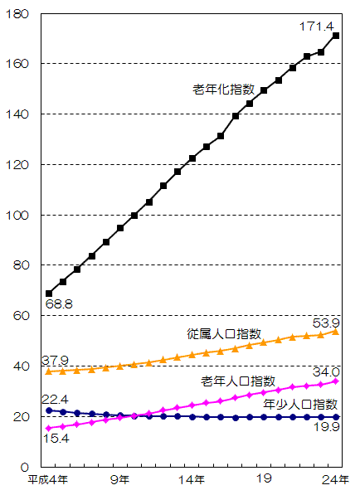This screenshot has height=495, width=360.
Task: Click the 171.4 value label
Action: tap(315, 27)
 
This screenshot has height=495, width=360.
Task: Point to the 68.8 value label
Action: tap(60, 305)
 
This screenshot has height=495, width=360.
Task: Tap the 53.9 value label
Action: tap(324, 321)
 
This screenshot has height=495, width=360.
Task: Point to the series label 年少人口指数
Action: tap(300, 404)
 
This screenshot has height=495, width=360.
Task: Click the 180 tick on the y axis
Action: tap(18, 14)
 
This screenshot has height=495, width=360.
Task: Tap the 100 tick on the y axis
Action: tap(18, 216)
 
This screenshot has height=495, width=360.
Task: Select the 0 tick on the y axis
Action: tap(25, 468)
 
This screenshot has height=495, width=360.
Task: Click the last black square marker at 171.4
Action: tap(336, 36)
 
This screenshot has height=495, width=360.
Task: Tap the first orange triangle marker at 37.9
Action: tap(49, 371)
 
